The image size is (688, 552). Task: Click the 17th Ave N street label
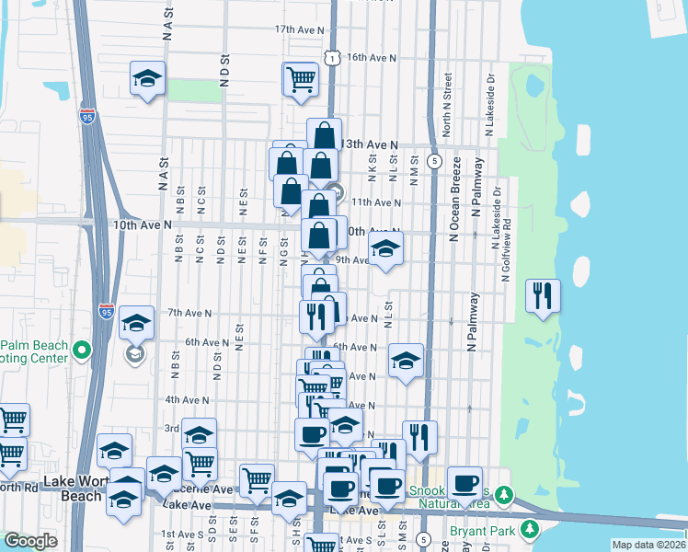[x=300, y=29]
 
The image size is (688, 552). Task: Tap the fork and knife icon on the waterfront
[x=543, y=295]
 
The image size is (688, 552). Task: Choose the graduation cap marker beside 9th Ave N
[x=385, y=248]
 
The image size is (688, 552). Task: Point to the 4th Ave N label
[x=187, y=400]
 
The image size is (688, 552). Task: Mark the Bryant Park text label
[x=483, y=531]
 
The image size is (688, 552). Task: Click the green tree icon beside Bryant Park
[x=529, y=529]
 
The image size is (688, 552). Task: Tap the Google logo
[x=30, y=542]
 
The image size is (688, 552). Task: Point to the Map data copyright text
[x=648, y=545]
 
